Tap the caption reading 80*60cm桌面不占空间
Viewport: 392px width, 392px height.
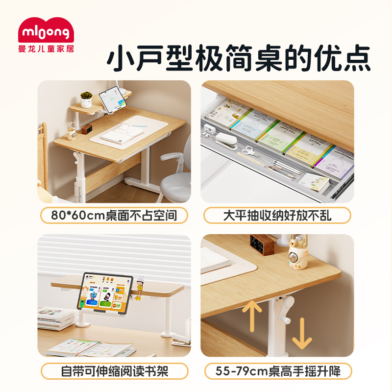pos(114,215)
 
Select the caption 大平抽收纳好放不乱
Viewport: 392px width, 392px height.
pos(277,215)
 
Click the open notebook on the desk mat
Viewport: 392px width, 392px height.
pos(122,133)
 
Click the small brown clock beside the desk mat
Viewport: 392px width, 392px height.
pos(87,129)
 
